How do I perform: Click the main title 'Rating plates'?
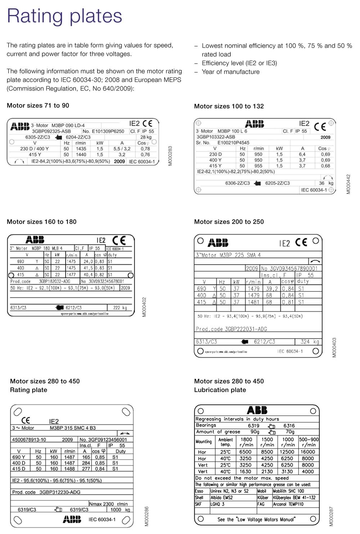click(x=65, y=16)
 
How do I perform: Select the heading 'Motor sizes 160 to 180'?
click(x=42, y=222)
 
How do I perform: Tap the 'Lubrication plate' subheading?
click(x=220, y=390)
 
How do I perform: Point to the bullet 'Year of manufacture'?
click(x=230, y=72)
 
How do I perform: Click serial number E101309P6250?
click(x=108, y=131)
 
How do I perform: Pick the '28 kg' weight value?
click(x=146, y=137)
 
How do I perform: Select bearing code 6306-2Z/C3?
click(x=237, y=183)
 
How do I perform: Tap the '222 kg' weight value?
click(x=120, y=308)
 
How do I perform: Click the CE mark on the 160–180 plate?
click(x=119, y=240)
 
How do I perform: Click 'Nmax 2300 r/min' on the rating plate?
click(x=108, y=504)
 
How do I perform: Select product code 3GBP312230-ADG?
click(x=60, y=492)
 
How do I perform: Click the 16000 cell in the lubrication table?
click(x=308, y=452)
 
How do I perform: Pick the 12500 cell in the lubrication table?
click(x=287, y=452)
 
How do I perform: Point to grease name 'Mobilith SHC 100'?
click(x=288, y=491)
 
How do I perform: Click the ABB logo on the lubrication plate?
click(x=257, y=410)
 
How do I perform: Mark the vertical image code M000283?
click(x=171, y=156)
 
